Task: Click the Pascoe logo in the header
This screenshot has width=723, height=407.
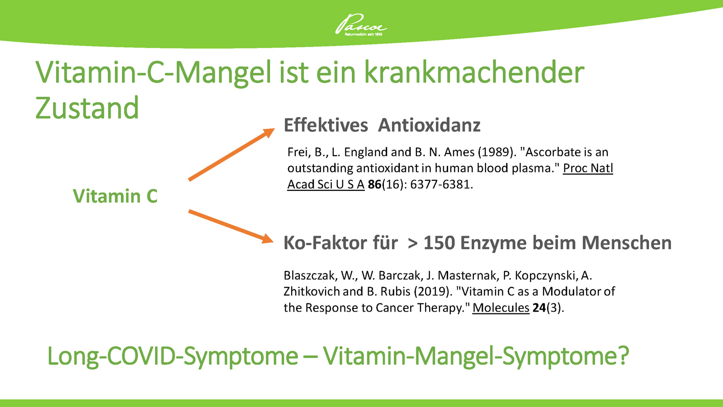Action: [361, 24]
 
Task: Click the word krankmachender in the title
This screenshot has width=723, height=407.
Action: [474, 72]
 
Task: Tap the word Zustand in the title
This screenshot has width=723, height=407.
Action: [87, 108]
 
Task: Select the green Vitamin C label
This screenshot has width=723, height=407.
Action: [115, 196]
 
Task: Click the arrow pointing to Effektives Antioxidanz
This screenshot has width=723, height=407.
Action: [232, 154]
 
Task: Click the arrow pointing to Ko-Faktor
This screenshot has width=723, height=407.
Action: [231, 226]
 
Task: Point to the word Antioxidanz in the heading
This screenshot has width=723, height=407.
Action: [429, 125]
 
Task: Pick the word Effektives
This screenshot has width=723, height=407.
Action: [326, 125]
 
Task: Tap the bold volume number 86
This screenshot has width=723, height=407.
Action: [374, 185]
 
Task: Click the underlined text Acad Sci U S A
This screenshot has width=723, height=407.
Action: [326, 185]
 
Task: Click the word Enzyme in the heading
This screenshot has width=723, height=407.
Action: [493, 243]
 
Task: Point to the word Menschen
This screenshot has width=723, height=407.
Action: [627, 243]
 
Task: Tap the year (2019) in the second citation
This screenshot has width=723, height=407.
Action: [432, 291]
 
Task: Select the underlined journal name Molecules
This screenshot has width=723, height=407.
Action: [501, 308]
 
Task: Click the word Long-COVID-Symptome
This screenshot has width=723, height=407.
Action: [173, 356]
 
